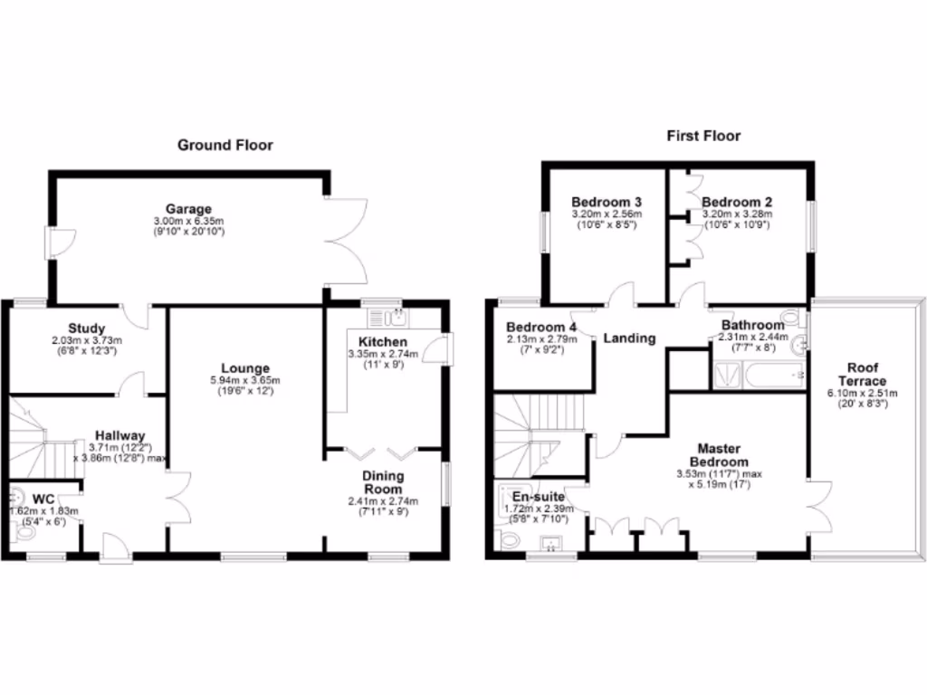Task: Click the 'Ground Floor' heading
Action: pyautogui.click(x=225, y=145)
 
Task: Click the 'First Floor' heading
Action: pyautogui.click(x=703, y=136)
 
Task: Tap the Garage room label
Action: pyautogui.click(x=188, y=208)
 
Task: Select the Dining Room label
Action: pyautogui.click(x=383, y=482)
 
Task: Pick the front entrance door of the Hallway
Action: pyautogui.click(x=114, y=545)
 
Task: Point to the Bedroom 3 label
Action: pyautogui.click(x=606, y=202)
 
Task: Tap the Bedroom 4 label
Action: pyautogui.click(x=540, y=327)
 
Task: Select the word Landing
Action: pyautogui.click(x=629, y=338)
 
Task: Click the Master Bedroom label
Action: pyautogui.click(x=719, y=454)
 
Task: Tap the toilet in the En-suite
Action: pyautogui.click(x=509, y=540)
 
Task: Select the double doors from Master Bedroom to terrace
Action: pyautogui.click(x=820, y=507)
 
